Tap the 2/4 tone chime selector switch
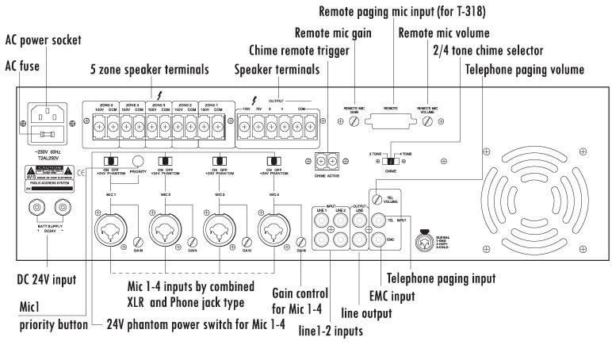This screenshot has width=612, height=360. tap(388, 159)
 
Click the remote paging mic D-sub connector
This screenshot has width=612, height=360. tap(392, 121)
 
